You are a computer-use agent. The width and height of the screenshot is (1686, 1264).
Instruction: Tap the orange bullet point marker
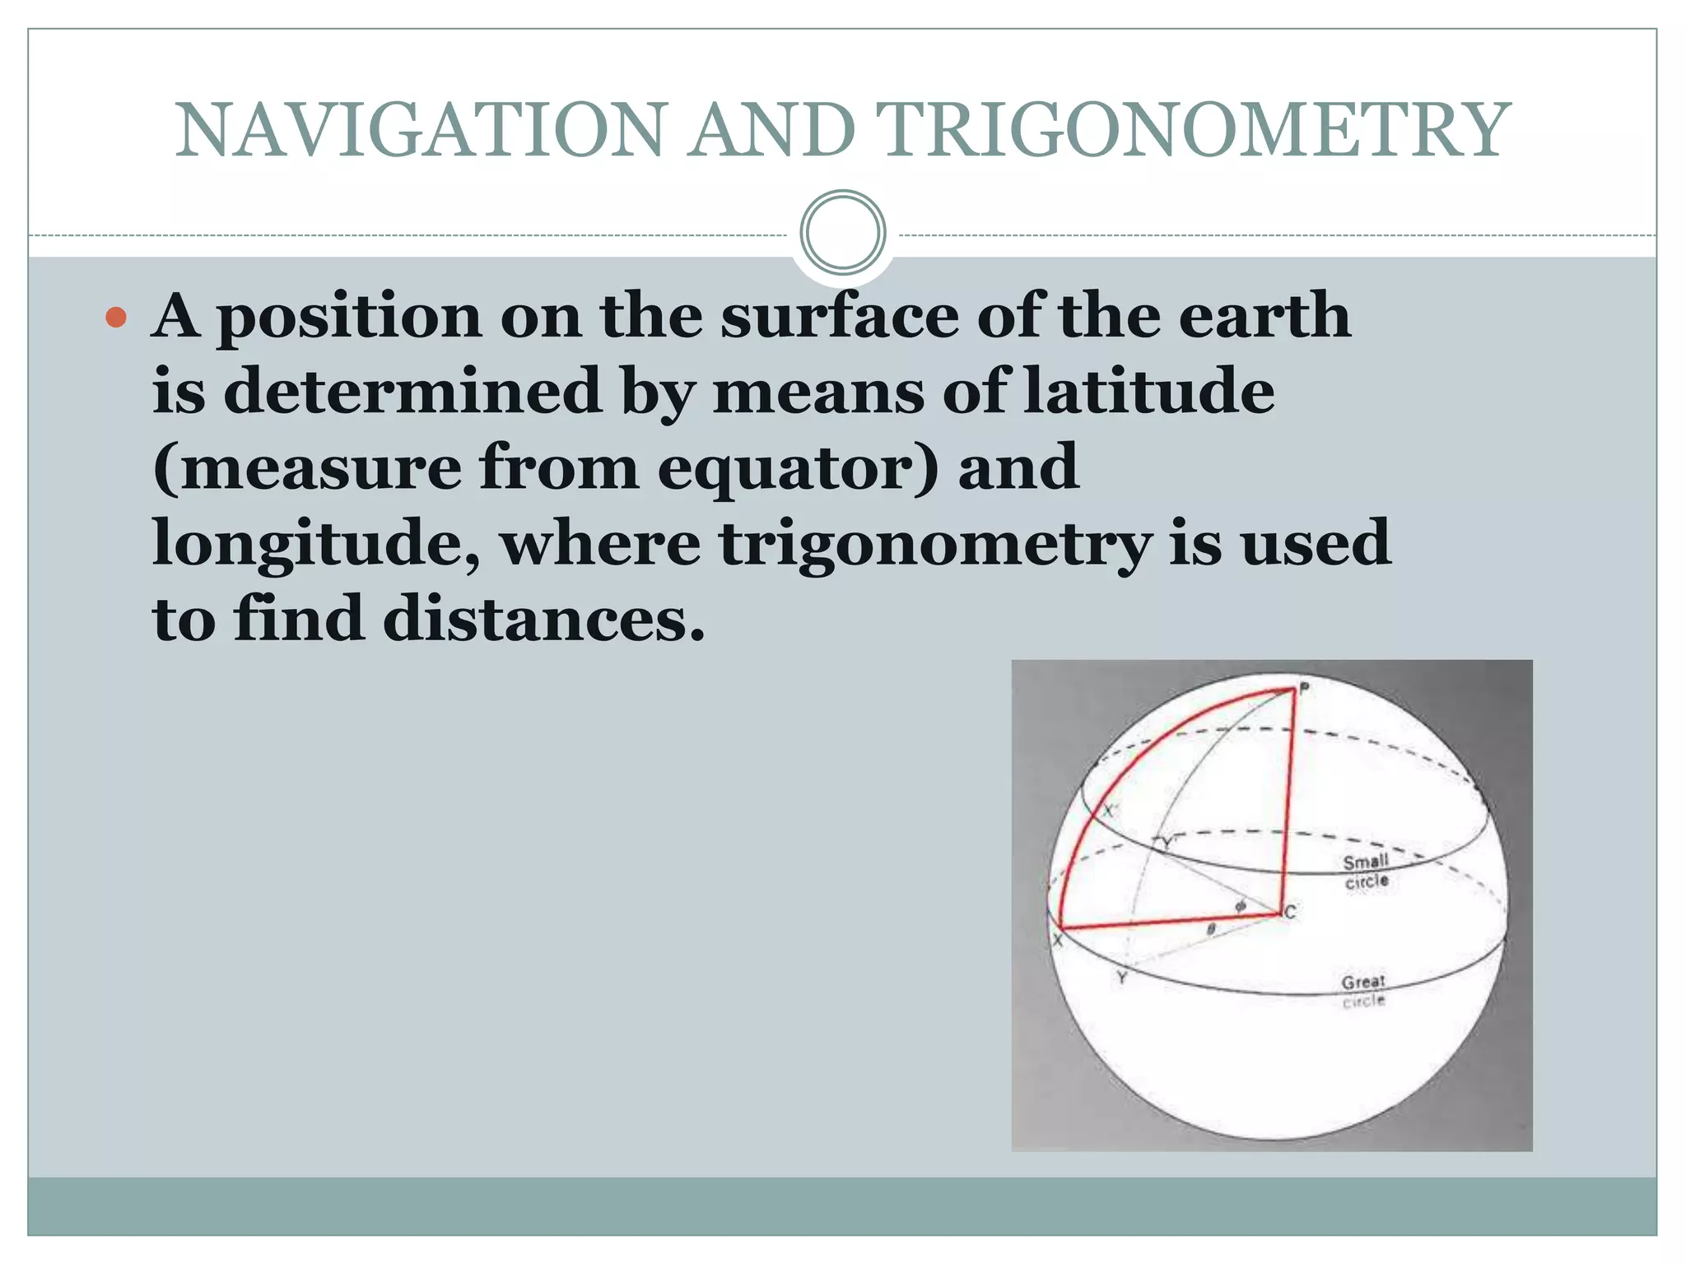pyautogui.click(x=117, y=317)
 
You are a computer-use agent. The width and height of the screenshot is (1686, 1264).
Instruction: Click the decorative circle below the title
pyautogui.click(x=842, y=233)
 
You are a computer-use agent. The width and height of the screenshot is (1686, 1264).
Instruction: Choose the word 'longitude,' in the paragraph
pyautogui.click(x=316, y=544)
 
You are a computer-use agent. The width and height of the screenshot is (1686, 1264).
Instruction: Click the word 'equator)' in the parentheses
pyautogui.click(x=798, y=467)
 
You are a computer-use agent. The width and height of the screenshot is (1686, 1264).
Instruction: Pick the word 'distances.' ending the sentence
pyautogui.click(x=544, y=619)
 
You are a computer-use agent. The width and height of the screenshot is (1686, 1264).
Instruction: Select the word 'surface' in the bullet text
pyautogui.click(x=840, y=315)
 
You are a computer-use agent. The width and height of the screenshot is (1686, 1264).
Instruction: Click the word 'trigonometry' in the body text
pyautogui.click(x=934, y=544)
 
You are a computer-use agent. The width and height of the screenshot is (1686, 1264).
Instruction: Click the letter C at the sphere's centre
pyautogui.click(x=1289, y=912)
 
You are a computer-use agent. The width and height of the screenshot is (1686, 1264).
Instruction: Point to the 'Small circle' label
pyautogui.click(x=1367, y=871)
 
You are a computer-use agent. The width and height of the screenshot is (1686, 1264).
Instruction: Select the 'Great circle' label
pyautogui.click(x=1363, y=991)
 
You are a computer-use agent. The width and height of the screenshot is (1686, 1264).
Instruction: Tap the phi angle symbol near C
pyautogui.click(x=1240, y=906)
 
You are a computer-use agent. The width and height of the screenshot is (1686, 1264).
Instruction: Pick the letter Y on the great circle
pyautogui.click(x=1121, y=978)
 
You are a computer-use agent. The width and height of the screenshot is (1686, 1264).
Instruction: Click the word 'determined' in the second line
pyautogui.click(x=412, y=391)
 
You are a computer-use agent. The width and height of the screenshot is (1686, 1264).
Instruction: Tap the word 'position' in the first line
pyautogui.click(x=349, y=317)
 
